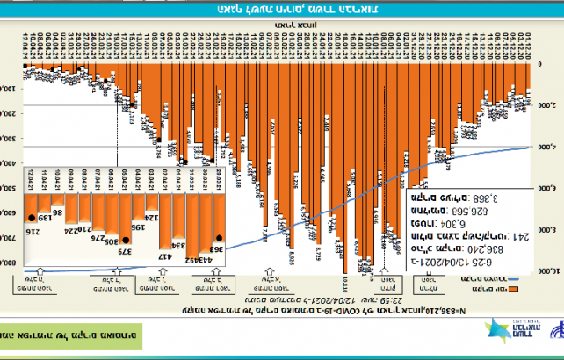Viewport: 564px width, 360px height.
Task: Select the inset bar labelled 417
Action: (163, 254)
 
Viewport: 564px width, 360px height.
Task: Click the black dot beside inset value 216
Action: (33, 216)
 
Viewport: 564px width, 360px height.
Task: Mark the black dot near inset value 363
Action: (220, 237)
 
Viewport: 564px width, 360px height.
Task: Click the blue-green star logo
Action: (501, 331)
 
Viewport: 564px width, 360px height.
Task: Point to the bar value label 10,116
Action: (344, 285)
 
